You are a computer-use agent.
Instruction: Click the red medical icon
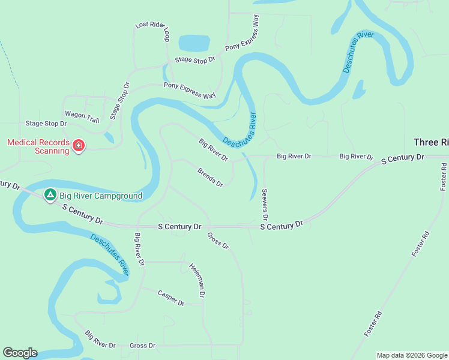coord(78,146)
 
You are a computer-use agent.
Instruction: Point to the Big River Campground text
coord(101,196)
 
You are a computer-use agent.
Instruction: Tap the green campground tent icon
coord(50,195)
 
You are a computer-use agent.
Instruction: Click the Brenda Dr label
coord(210,177)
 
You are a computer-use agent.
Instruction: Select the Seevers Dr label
coord(265,203)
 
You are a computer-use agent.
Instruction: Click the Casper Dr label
coord(171,298)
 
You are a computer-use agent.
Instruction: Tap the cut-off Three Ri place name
coord(431,142)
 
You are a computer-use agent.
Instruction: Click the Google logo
coord(20,353)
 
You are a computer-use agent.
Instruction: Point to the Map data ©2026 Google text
coord(412,355)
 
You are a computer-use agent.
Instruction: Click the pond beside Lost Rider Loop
coord(193,43)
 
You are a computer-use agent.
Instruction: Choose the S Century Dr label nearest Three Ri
coord(403,158)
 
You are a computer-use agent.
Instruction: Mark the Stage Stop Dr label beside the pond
coord(194,60)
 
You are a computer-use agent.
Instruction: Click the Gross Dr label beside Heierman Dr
coord(218,241)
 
